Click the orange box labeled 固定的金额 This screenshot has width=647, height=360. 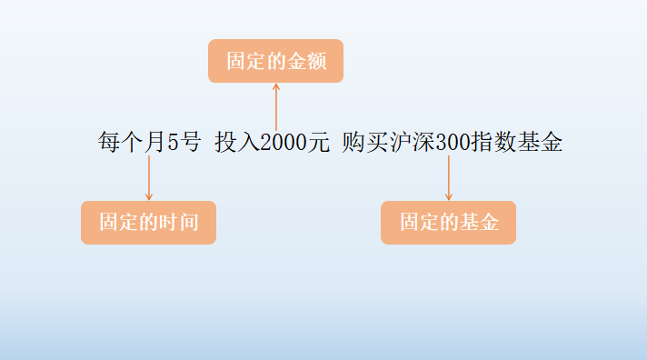click(x=275, y=61)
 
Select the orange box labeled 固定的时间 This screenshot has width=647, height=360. click(x=148, y=223)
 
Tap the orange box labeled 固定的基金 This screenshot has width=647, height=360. click(x=448, y=223)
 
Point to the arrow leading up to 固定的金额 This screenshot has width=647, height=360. click(x=275, y=105)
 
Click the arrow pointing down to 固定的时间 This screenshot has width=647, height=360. click(x=148, y=177)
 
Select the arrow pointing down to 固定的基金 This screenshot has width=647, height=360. click(x=448, y=177)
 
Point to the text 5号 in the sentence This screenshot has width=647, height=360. click(x=184, y=143)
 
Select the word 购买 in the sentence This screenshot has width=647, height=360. click(x=365, y=143)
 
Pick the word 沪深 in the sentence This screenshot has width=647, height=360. click(x=411, y=143)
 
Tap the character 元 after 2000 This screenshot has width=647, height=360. click(x=317, y=143)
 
